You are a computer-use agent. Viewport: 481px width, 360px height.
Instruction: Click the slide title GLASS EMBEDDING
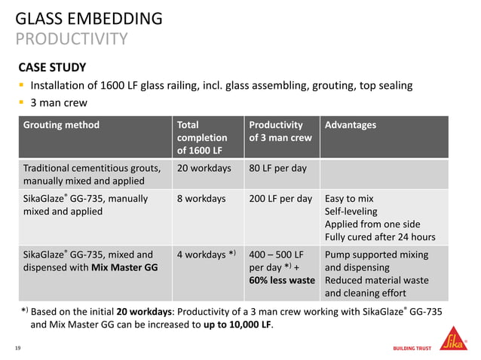click(88, 18)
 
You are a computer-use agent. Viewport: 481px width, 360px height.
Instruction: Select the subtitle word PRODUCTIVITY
click(71, 38)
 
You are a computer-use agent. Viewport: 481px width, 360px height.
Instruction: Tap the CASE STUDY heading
click(52, 67)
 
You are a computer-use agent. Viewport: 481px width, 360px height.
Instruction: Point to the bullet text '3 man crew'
click(59, 102)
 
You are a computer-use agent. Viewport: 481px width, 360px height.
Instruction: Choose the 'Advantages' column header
click(350, 125)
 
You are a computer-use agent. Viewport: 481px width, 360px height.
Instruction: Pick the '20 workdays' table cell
click(204, 168)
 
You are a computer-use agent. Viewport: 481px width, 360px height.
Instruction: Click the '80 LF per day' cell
click(277, 168)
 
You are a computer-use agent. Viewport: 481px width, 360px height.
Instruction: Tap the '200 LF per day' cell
click(280, 199)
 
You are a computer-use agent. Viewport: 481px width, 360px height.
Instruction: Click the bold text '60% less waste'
click(281, 280)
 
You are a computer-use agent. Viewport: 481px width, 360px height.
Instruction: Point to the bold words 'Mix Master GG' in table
click(124, 267)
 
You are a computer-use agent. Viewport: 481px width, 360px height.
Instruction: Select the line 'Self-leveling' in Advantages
click(351, 212)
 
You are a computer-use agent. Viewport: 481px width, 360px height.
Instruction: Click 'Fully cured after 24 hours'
click(379, 237)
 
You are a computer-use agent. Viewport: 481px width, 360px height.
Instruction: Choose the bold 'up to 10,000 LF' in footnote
click(234, 326)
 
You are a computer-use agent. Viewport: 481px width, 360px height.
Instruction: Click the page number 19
click(17, 347)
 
